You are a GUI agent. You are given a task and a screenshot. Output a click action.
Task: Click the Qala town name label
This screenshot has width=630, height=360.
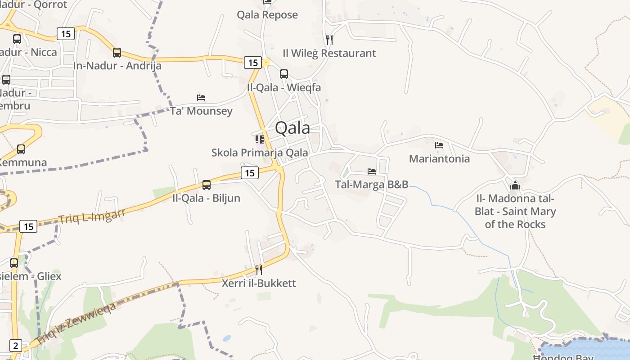pyautogui.click(x=292, y=128)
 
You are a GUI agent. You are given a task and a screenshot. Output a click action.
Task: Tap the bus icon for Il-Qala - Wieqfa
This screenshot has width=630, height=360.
pyautogui.click(x=284, y=74)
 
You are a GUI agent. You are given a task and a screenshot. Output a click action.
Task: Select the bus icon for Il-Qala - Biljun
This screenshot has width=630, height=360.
pyautogui.click(x=207, y=184)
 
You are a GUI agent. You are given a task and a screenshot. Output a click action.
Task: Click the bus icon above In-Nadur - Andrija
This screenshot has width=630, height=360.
pyautogui.click(x=117, y=53)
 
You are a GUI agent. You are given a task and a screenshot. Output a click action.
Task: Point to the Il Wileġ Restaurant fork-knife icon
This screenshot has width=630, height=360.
pyautogui.click(x=329, y=40)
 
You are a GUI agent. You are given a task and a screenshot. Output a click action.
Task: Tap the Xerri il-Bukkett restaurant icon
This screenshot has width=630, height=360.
pyautogui.click(x=259, y=270)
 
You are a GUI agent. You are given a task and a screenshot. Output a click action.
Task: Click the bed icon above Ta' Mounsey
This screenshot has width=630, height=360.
pyautogui.click(x=201, y=97)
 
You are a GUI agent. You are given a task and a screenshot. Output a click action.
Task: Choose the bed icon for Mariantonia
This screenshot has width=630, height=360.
pyautogui.click(x=439, y=145)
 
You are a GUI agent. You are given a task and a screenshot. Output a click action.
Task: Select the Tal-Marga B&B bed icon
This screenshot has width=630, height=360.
pyautogui.click(x=372, y=171)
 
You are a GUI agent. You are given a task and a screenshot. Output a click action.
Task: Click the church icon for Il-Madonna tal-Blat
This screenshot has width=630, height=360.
pyautogui.click(x=515, y=185)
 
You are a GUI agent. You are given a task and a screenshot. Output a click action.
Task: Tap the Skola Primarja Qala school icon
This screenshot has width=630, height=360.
pyautogui.click(x=260, y=139)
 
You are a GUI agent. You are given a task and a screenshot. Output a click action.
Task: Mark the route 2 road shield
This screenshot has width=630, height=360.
pyautogui.click(x=16, y=346)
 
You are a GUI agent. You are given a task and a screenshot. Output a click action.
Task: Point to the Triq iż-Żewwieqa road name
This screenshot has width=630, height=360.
pyautogui.click(x=76, y=323)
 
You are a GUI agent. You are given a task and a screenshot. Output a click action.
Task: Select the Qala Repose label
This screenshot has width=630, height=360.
pyautogui.click(x=267, y=15)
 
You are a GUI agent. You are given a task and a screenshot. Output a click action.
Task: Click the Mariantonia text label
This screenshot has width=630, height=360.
pyautogui.click(x=439, y=159)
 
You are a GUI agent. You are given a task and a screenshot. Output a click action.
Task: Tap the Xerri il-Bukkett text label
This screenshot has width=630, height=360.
pyautogui.click(x=259, y=283)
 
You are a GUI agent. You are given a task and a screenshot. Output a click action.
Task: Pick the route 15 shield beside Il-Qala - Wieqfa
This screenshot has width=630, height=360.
pyautogui.click(x=252, y=63)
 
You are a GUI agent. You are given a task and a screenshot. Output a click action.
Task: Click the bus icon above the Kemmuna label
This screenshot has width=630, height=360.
pyautogui.click(x=21, y=149)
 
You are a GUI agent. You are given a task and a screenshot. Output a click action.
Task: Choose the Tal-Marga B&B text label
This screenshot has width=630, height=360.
pyautogui.click(x=372, y=184)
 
